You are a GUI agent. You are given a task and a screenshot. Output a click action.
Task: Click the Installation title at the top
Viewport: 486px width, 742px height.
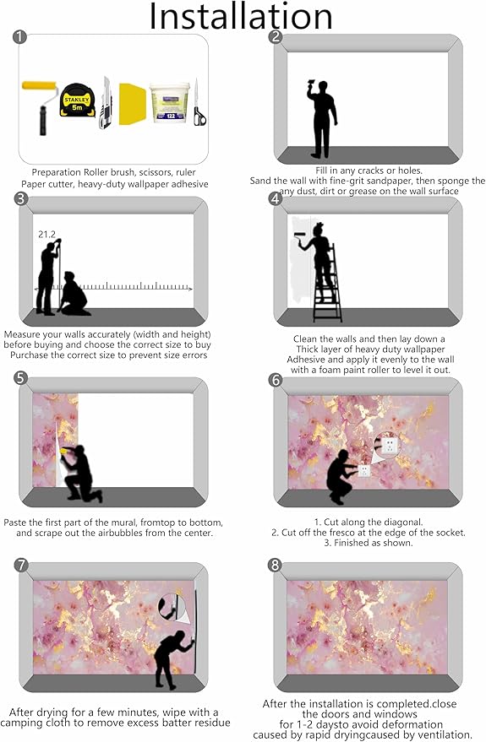point(241,16)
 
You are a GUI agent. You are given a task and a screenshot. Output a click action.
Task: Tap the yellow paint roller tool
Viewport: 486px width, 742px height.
point(40,107)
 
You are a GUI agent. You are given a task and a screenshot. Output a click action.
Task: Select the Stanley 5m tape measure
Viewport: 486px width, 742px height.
point(77,100)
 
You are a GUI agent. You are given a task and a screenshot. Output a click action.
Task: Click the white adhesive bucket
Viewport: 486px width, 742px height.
point(170,103)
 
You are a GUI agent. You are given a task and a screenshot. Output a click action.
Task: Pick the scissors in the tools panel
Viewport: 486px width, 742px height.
point(199,104)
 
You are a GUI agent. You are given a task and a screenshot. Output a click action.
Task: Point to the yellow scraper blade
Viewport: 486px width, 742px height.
point(132,104)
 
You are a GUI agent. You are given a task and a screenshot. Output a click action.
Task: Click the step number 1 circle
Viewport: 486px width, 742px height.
point(19,36)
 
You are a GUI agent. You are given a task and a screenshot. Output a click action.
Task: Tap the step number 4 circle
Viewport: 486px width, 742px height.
point(276,198)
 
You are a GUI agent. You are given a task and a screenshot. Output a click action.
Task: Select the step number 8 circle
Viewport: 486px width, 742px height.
point(275,565)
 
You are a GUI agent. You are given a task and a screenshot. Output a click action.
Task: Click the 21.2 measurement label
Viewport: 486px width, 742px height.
point(46,234)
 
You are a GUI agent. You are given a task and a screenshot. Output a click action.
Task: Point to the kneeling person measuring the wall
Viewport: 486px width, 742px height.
point(74,294)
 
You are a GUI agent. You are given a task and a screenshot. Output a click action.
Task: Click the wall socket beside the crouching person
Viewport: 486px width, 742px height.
point(363,470)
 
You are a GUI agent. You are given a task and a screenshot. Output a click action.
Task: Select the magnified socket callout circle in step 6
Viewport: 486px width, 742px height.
point(386,443)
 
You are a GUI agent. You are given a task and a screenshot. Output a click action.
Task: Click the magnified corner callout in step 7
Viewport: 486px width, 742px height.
point(172,607)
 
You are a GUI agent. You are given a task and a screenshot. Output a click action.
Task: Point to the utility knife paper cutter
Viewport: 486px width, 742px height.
point(106,103)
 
